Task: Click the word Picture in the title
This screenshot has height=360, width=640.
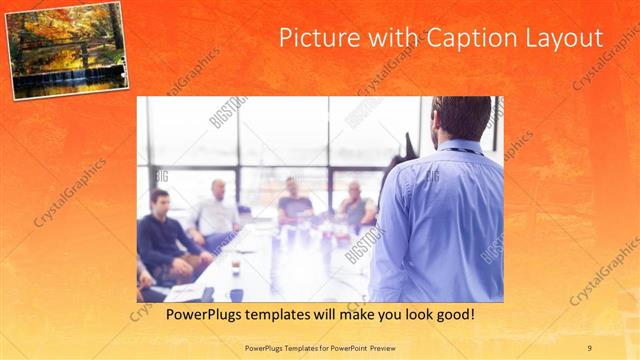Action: pyautogui.click(x=312, y=38)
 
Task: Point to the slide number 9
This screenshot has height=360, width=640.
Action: pyautogui.click(x=589, y=347)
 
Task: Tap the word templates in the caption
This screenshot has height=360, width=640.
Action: pyautogui.click(x=281, y=314)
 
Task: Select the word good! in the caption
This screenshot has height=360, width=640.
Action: pyautogui.click(x=452, y=314)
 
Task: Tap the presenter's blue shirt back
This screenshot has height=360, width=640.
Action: pyautogui.click(x=440, y=220)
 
